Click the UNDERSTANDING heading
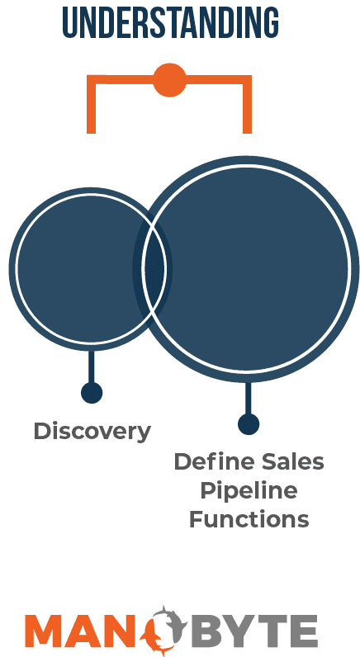[171, 22]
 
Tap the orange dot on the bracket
[169, 80]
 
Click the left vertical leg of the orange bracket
[92, 104]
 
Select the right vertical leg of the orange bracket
[247, 104]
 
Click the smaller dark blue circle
[75, 268]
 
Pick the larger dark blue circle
[252, 268]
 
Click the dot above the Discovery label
[92, 393]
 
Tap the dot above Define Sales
[249, 423]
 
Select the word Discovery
[92, 431]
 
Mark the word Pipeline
[249, 491]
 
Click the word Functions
[249, 519]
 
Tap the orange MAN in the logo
[83, 631]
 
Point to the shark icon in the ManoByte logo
[164, 629]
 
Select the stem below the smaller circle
[92, 366]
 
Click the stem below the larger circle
[249, 398]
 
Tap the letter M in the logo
[44, 631]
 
